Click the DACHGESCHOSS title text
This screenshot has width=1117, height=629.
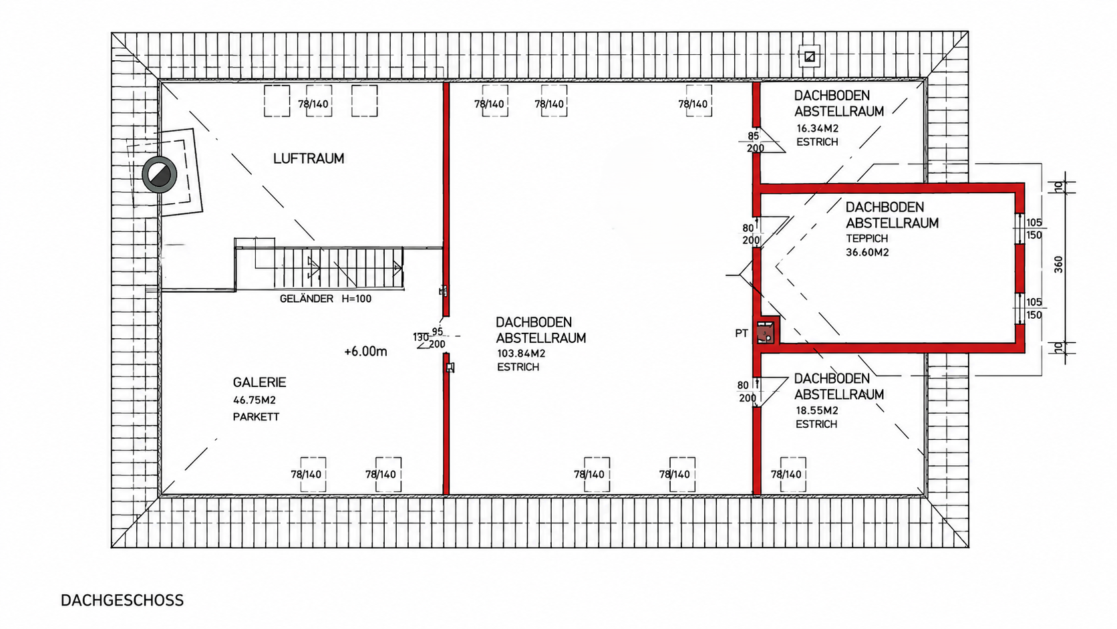click(x=122, y=600)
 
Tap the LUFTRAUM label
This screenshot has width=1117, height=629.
click(x=309, y=158)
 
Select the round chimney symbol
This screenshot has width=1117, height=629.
click(x=160, y=174)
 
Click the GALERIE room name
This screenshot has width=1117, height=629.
click(x=259, y=382)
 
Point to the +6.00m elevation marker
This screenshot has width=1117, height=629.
click(x=365, y=352)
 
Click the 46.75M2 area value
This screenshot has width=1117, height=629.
click(x=255, y=400)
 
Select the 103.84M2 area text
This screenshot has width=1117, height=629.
click(x=521, y=354)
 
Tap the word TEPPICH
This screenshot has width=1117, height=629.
click(x=867, y=239)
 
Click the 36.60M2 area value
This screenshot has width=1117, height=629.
click(x=867, y=253)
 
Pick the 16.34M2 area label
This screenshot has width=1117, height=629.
click(x=817, y=128)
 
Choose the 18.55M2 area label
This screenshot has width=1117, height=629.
click(x=817, y=410)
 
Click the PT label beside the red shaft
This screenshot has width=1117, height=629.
click(x=742, y=333)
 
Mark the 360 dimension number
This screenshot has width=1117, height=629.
click(x=1059, y=265)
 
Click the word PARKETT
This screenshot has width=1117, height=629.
click(x=257, y=417)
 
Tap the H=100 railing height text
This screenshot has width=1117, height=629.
click(x=357, y=299)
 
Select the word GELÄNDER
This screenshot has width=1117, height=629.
click(x=307, y=299)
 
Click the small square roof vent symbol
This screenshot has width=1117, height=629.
click(x=809, y=56)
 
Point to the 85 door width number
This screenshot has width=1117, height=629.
click(x=753, y=136)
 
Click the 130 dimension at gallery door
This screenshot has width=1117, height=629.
click(x=421, y=337)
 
